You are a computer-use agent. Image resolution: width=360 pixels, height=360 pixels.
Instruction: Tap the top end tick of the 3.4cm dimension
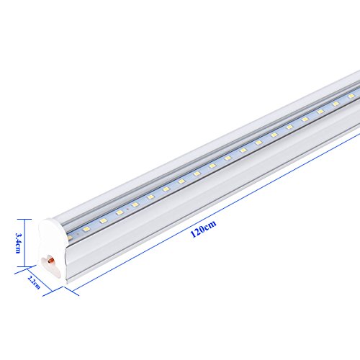(27, 218)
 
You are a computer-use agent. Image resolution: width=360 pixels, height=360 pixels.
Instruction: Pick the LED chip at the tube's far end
(351, 94)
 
